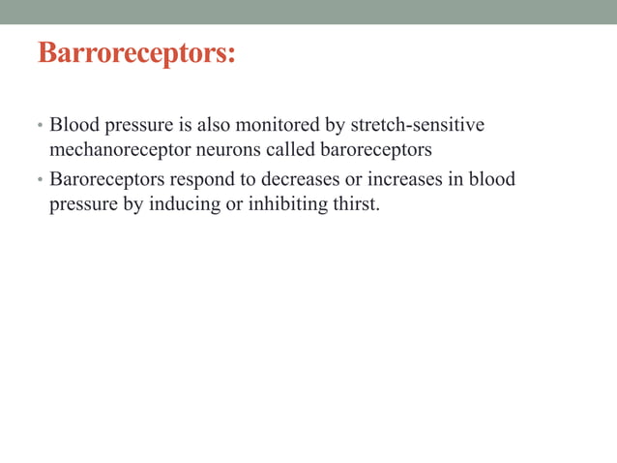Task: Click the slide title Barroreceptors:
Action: click(x=136, y=52)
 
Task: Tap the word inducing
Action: click(x=180, y=204)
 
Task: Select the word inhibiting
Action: click(x=277, y=204)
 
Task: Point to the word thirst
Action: click(x=350, y=204)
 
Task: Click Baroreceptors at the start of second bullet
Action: click(x=106, y=179)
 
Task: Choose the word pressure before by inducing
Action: click(x=83, y=204)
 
